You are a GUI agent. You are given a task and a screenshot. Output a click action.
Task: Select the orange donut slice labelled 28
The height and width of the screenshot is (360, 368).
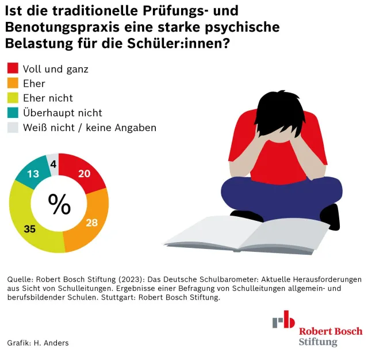(x=93, y=223)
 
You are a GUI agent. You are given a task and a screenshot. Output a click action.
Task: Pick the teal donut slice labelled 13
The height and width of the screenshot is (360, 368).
(x=32, y=173)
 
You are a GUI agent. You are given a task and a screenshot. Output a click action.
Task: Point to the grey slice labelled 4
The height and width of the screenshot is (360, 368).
(x=53, y=164)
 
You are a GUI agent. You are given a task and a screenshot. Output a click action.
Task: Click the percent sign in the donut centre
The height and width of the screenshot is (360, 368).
(x=59, y=204)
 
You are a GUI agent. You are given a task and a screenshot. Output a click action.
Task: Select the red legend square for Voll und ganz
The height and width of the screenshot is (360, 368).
(x=13, y=68)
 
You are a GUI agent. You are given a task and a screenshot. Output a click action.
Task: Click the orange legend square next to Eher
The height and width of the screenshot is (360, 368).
(x=13, y=83)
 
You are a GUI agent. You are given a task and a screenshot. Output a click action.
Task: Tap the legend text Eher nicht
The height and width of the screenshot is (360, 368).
(x=48, y=98)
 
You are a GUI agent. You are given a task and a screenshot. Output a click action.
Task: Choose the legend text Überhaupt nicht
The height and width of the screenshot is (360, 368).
(x=63, y=113)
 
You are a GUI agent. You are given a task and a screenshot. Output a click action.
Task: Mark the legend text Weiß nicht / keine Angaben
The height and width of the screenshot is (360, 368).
(x=90, y=128)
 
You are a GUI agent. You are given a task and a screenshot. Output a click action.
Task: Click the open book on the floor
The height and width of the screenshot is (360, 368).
(x=247, y=235)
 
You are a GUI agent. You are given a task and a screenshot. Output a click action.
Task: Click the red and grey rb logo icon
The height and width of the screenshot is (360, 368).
(x=283, y=319)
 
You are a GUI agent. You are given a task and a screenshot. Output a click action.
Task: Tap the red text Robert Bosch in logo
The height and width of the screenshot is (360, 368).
(x=331, y=331)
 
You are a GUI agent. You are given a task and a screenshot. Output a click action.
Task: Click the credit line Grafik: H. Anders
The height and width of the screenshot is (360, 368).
(x=38, y=343)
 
